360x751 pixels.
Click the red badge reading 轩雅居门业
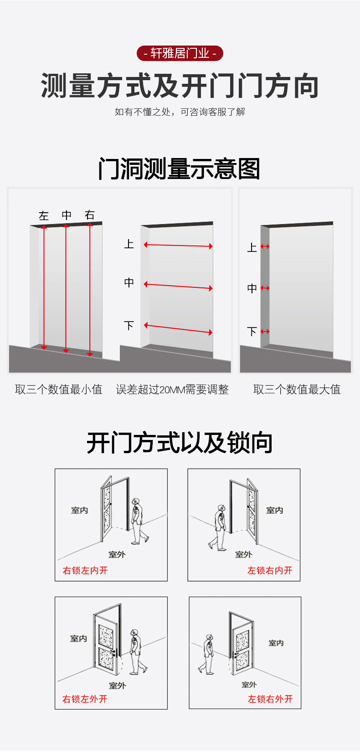pyautogui.click(x=180, y=53)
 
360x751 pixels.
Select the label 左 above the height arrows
pyautogui.click(x=44, y=215)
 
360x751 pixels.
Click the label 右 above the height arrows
pyautogui.click(x=90, y=215)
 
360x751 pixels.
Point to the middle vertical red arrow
pyautogui.click(x=66, y=288)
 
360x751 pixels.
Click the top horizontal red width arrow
pyautogui.click(x=178, y=245)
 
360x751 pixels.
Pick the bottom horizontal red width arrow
pyautogui.click(x=178, y=328)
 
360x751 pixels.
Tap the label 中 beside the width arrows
pyautogui.click(x=129, y=283)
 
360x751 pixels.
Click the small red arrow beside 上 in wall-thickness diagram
pyautogui.click(x=265, y=246)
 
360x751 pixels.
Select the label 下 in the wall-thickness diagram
pyautogui.click(x=252, y=332)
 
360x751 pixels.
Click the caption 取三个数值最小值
pyautogui.click(x=59, y=389)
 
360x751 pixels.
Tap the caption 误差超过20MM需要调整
pyautogui.click(x=172, y=389)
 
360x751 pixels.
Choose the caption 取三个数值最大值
pyautogui.click(x=297, y=389)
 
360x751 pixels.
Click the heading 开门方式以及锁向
pyautogui.click(x=180, y=443)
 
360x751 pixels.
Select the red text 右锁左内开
pyautogui.click(x=85, y=570)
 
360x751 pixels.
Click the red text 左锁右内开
pyautogui.click(x=270, y=570)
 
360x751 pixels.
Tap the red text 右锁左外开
pyautogui.click(x=85, y=699)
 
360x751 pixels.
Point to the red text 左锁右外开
pyautogui.click(x=270, y=699)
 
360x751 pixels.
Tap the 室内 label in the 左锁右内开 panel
pyautogui.click(x=274, y=510)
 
